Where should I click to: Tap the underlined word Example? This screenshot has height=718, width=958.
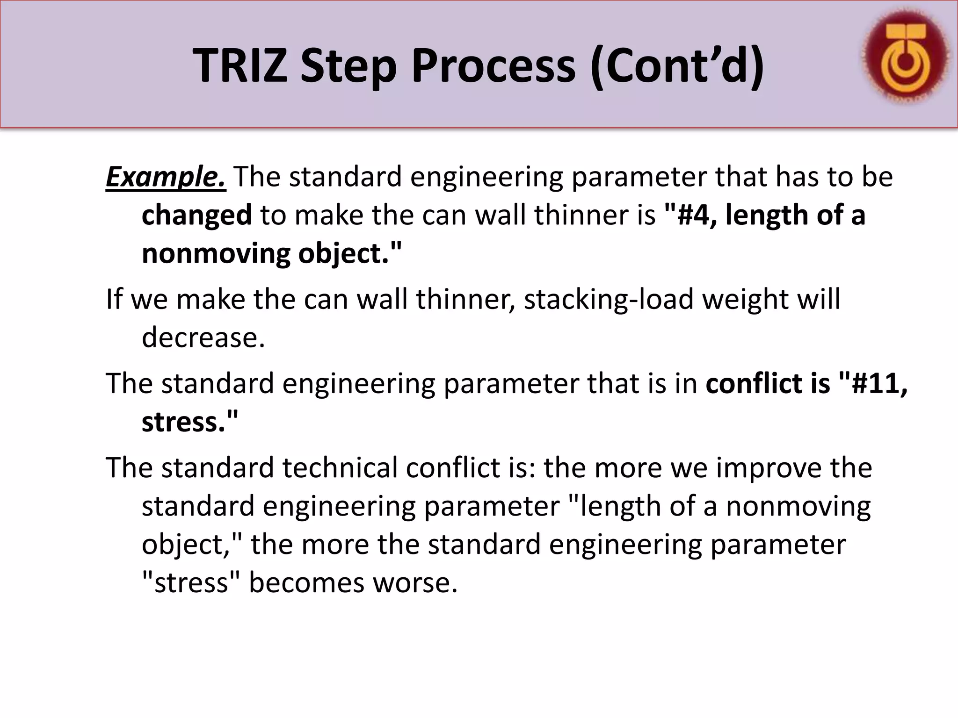166,177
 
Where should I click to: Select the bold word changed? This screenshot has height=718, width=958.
196,215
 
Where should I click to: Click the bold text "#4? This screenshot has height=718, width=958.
690,215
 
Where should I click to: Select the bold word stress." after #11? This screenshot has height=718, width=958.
190,422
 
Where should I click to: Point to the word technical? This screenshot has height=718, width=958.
340,467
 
